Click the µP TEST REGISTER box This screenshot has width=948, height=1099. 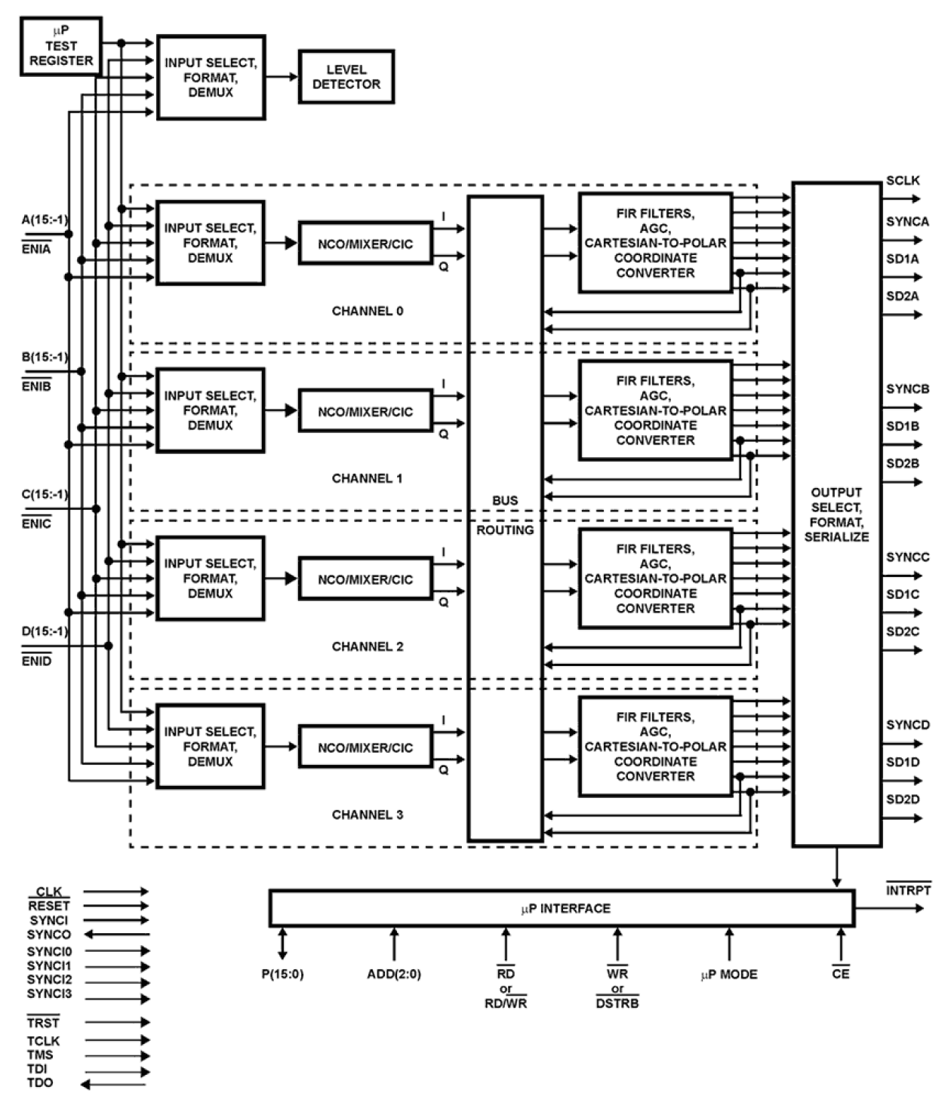point(60,46)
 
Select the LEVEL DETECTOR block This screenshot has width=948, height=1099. point(346,77)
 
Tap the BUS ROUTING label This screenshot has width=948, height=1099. point(505,515)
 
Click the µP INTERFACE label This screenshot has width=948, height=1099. point(565,908)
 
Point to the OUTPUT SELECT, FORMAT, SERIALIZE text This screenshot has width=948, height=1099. point(836,514)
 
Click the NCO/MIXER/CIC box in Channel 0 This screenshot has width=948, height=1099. point(365,244)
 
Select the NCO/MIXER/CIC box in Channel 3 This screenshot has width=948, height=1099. point(365,748)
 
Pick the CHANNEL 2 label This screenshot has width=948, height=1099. point(368,646)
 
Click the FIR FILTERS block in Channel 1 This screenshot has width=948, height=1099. point(655,410)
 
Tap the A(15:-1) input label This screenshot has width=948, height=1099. point(45,220)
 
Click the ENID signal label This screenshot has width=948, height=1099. point(37,662)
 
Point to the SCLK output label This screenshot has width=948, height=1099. point(903,181)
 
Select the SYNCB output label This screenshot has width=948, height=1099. point(907,389)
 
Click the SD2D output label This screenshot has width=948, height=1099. point(903,799)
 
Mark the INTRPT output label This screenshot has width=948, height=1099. point(908,890)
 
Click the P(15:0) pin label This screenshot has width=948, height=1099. point(282,974)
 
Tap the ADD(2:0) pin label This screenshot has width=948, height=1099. point(394,974)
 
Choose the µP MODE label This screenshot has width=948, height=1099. point(728,975)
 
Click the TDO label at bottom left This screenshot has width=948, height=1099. point(40,1083)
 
